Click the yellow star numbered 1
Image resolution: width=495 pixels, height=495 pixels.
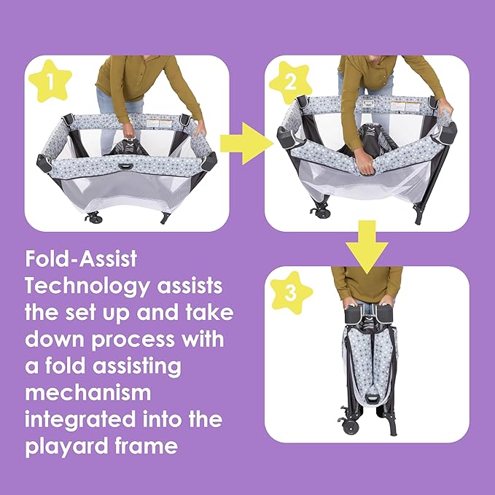50,81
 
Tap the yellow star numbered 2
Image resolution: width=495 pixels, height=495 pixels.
290,82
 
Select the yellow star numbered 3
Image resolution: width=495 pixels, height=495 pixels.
291,292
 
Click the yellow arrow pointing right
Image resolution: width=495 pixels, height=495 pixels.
246,144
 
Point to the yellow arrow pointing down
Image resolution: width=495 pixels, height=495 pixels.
367,247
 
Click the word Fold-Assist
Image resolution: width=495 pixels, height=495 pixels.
81,259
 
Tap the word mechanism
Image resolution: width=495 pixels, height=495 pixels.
88,392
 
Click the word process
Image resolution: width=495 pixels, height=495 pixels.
133,340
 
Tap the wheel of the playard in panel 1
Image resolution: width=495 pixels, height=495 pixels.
93,217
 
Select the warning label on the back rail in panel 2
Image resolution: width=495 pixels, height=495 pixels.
405,106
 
